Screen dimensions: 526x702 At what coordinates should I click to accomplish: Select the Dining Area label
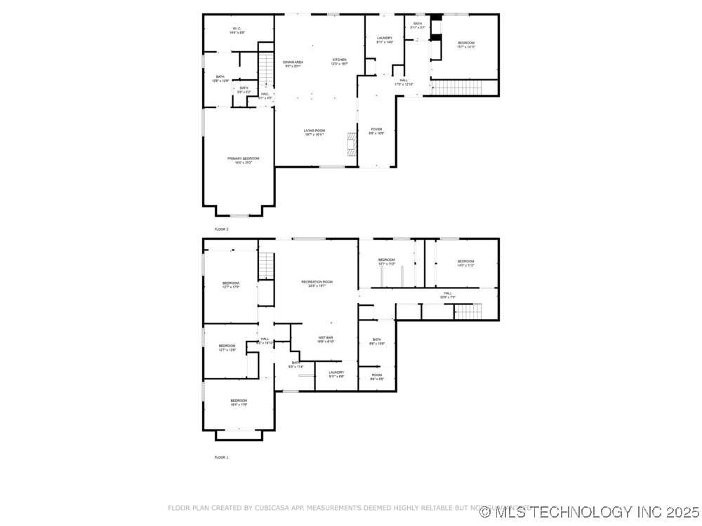point(293,64)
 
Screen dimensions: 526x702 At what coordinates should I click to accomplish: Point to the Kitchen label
point(340,62)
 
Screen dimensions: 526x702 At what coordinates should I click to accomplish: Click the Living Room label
point(314,132)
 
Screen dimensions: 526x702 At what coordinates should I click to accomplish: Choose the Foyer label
point(376,130)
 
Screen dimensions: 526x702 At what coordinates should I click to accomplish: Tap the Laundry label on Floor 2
point(384,40)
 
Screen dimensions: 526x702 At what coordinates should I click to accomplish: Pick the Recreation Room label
point(317,283)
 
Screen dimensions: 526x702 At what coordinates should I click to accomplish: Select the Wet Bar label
point(325,339)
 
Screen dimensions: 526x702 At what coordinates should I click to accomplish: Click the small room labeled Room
point(377,377)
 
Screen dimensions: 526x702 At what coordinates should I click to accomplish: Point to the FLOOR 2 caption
point(221,229)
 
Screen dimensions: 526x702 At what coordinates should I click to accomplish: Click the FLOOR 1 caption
point(221,457)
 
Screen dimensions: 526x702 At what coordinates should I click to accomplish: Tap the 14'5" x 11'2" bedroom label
point(465,264)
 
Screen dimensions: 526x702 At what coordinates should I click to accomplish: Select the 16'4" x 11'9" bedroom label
point(239,403)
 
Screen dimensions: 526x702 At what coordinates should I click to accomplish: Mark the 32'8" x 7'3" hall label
point(447,295)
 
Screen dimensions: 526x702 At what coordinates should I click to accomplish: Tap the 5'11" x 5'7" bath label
point(418,25)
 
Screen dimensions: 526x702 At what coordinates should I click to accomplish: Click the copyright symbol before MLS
point(484,512)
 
